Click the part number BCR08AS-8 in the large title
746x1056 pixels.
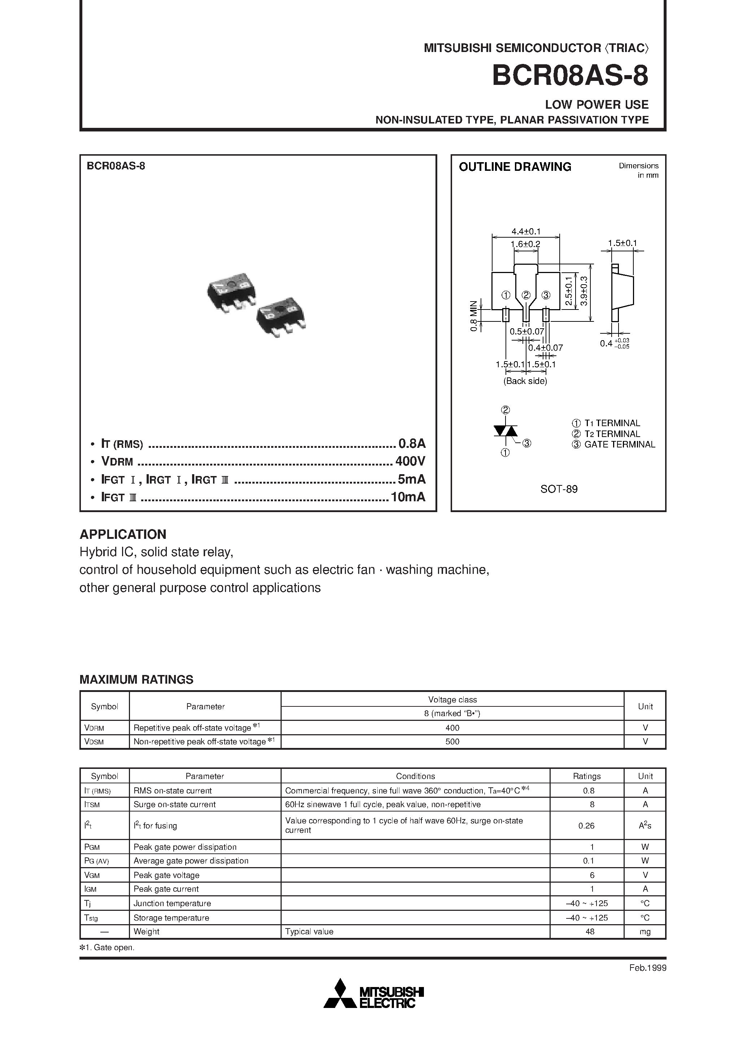click(x=570, y=76)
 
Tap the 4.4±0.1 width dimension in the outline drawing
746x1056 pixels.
click(x=526, y=231)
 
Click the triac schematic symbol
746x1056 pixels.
click(x=505, y=431)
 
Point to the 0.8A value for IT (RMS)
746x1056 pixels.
click(x=412, y=443)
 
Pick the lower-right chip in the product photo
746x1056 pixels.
click(x=282, y=317)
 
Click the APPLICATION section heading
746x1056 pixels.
click(x=123, y=535)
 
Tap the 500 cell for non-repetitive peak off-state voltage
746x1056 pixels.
click(x=452, y=741)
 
